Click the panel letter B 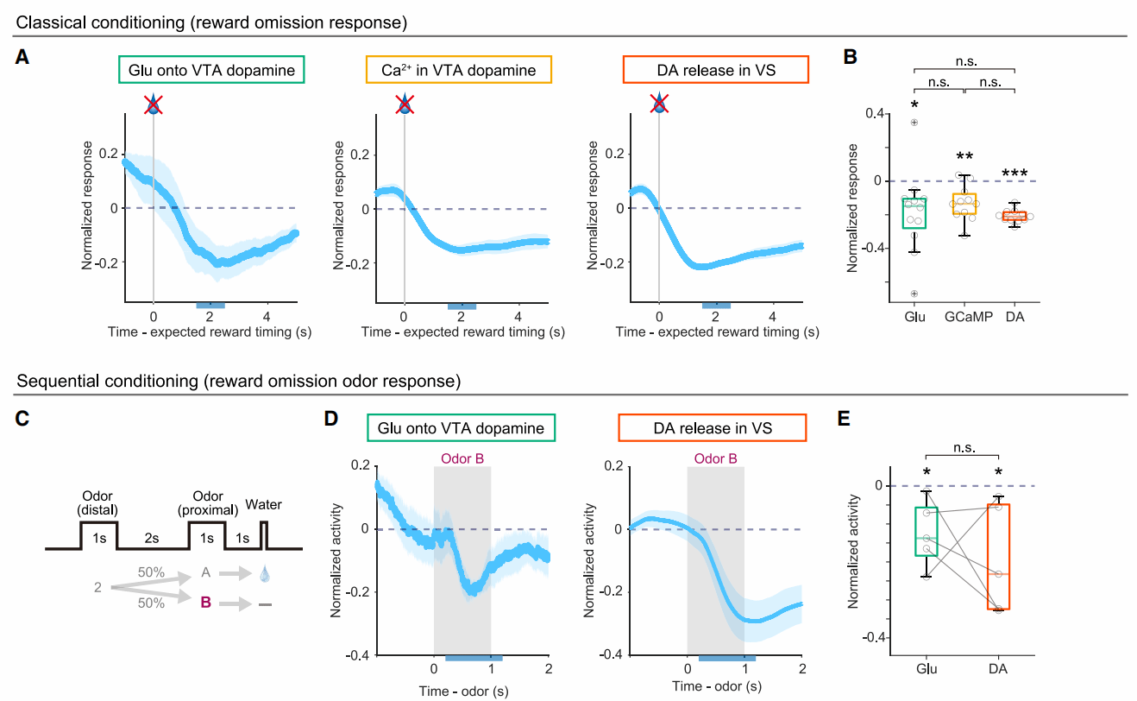point(850,58)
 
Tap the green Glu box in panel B point(915,212)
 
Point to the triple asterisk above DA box point(1015,174)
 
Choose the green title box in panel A point(212,70)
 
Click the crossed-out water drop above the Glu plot point(154,104)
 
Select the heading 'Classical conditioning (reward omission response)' point(211,19)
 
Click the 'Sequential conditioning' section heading point(238,381)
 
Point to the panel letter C point(24,420)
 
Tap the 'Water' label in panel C point(264,504)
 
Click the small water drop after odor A point(264,572)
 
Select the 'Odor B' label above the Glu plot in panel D point(462,458)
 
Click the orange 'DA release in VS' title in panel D point(712,427)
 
